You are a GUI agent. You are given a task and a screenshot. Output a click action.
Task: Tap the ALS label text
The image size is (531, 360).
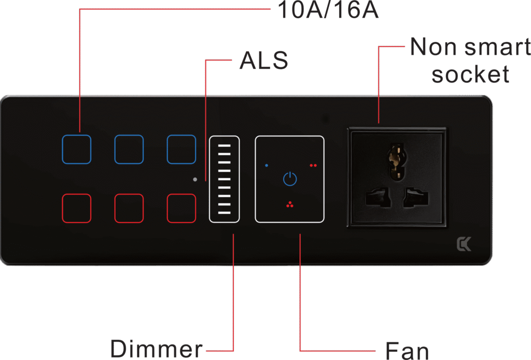pos(263,61)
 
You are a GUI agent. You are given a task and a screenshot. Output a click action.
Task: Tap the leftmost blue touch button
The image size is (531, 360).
pos(76,149)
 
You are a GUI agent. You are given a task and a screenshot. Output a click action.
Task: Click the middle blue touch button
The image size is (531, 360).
pos(129,149)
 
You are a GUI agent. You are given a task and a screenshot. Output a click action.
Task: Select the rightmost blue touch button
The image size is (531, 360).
pos(181,149)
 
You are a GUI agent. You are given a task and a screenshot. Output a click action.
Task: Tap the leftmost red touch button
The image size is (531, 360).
pos(76,208)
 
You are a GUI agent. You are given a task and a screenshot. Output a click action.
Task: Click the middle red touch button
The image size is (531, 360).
pos(129,208)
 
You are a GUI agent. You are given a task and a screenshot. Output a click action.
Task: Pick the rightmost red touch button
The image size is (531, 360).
pos(181,208)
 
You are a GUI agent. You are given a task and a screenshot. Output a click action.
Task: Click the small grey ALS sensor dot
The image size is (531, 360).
pos(195,179)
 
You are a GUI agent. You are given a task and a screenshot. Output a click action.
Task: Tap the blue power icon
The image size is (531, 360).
pos(290,179)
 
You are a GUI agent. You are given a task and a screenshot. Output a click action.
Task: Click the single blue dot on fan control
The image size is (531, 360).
pos(267,165)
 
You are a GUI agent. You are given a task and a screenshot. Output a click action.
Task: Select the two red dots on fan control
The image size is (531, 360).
pos(313,165)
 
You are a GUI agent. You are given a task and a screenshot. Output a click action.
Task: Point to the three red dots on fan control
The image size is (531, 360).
pos(289,204)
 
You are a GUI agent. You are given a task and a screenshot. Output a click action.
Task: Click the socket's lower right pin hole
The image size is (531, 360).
pos(417,198)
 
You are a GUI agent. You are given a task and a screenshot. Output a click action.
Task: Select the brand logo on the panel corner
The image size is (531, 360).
pos(464,244)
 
